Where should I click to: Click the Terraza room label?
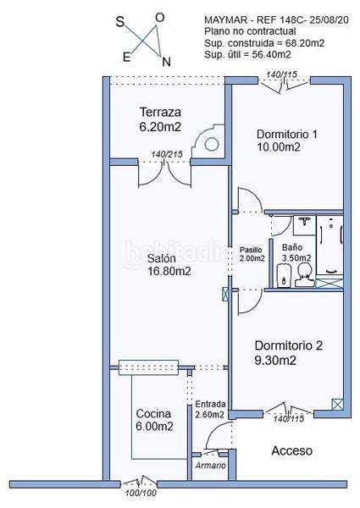click(160, 113)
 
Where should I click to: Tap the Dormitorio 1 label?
click(287, 134)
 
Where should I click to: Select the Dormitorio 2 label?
click(288, 345)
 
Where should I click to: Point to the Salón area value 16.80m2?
click(169, 271)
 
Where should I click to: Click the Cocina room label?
click(153, 414)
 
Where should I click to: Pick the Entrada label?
click(210, 405)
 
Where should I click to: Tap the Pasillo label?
click(251, 250)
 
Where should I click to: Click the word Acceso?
click(292, 450)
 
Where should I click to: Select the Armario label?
click(211, 466)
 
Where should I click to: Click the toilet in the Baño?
click(305, 274)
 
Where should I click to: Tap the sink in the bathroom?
click(304, 224)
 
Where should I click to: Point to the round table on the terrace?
click(211, 144)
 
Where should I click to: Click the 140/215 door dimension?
click(167, 154)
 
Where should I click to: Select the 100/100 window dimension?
click(141, 493)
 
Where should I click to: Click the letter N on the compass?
click(166, 62)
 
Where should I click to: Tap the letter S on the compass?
click(120, 22)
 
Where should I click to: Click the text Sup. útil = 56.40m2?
click(247, 54)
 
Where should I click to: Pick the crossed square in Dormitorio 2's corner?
click(337, 405)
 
